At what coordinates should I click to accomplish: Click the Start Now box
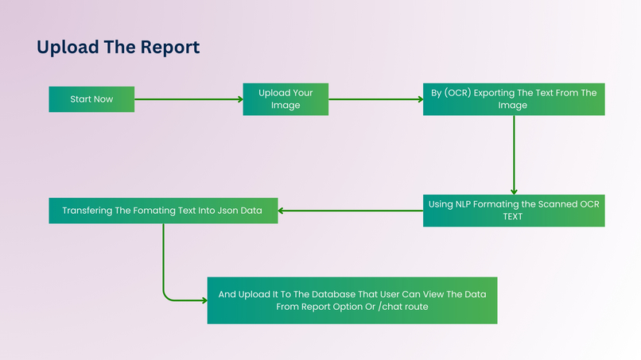[91, 99]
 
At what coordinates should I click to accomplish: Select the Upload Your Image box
[286, 99]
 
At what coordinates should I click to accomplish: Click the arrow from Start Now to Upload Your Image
[188, 99]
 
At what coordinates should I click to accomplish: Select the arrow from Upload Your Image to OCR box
[375, 99]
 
